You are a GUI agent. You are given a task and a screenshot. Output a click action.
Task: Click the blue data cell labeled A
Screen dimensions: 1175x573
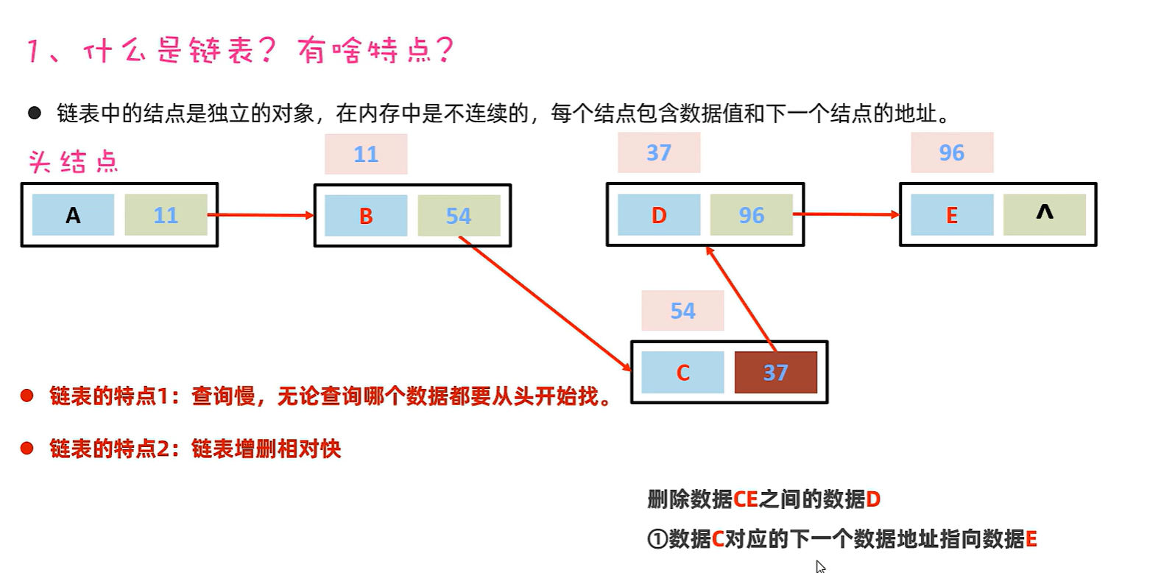tap(73, 215)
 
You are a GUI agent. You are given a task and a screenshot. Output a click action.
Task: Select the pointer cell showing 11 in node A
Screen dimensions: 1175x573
tap(166, 215)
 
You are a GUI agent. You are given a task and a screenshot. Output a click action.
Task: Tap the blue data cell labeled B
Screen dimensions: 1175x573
tap(366, 216)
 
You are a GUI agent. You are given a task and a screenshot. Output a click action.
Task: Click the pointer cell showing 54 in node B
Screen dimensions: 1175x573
tap(459, 216)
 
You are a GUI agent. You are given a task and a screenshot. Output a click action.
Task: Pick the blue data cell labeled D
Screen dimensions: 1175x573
tap(659, 215)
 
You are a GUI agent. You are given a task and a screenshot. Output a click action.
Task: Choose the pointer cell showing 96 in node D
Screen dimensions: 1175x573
tap(751, 215)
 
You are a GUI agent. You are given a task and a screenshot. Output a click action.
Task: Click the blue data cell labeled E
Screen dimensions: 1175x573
tap(952, 215)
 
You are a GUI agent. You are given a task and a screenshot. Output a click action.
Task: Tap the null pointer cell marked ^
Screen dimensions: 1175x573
tap(1044, 214)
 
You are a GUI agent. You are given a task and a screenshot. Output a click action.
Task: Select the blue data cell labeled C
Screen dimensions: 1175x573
tap(682, 373)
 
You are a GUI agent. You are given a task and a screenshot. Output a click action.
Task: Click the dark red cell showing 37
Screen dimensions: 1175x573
tap(775, 373)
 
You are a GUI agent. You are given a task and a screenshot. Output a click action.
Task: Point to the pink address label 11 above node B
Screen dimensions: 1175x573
tap(366, 154)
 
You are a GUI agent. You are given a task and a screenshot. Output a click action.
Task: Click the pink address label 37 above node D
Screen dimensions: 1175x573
tap(659, 152)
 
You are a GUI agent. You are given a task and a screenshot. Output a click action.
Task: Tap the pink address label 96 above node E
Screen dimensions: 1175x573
tap(952, 152)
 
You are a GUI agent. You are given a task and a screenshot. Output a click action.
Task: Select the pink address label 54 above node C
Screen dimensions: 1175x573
tap(682, 311)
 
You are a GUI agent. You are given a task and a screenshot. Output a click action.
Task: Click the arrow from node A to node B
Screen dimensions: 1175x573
tap(261, 215)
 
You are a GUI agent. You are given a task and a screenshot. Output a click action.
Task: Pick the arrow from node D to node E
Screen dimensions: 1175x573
tap(847, 214)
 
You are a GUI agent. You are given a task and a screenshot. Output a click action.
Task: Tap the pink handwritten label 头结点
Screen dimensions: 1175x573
tap(73, 162)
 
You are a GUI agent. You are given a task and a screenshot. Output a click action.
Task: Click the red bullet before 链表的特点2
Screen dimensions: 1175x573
tap(27, 449)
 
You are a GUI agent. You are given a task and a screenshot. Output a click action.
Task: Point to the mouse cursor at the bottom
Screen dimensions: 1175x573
tap(820, 566)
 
